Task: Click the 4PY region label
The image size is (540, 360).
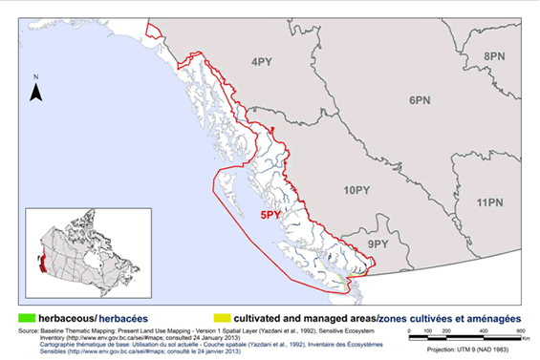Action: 262,63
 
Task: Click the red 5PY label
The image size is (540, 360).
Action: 278,217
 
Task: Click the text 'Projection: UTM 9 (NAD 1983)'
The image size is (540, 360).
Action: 469,350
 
